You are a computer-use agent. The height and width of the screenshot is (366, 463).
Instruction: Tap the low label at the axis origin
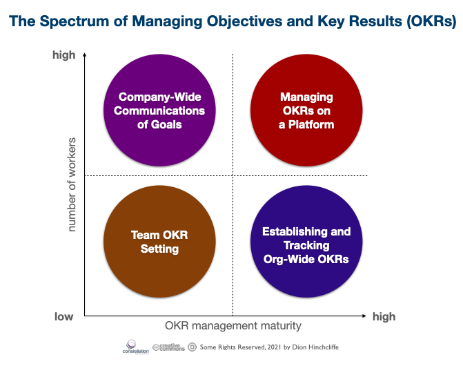[64, 317]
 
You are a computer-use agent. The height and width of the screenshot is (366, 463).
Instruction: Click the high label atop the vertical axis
[64, 55]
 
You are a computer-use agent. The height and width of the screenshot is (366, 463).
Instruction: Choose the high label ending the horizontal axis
[384, 317]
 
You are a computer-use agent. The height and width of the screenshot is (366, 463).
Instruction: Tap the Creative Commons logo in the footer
[168, 347]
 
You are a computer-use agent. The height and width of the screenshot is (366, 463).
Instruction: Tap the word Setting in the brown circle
[159, 249]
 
